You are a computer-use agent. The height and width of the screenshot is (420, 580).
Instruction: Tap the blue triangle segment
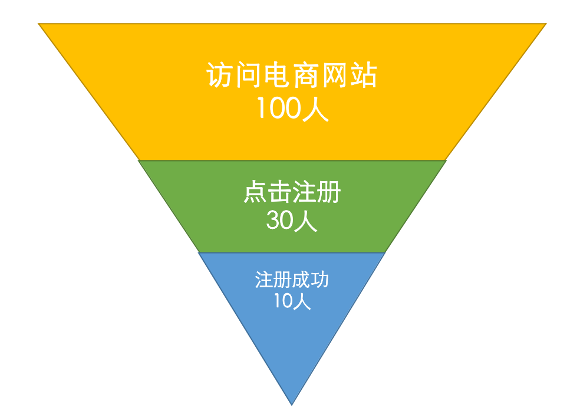tap(292, 342)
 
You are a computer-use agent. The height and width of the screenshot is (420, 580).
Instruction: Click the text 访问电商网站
tap(292, 76)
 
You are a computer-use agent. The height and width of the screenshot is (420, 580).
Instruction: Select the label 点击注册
tap(292, 193)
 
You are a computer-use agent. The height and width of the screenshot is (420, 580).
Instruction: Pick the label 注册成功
tap(292, 279)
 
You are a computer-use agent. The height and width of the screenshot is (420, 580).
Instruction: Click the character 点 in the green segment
tap(255, 193)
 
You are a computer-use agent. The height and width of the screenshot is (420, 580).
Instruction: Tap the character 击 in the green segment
tap(280, 193)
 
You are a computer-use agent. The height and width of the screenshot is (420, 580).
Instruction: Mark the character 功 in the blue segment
tap(320, 279)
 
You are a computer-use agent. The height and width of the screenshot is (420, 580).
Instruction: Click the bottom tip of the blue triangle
tap(292, 403)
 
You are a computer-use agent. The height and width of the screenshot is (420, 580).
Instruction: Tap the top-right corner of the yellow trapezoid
tap(545, 25)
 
